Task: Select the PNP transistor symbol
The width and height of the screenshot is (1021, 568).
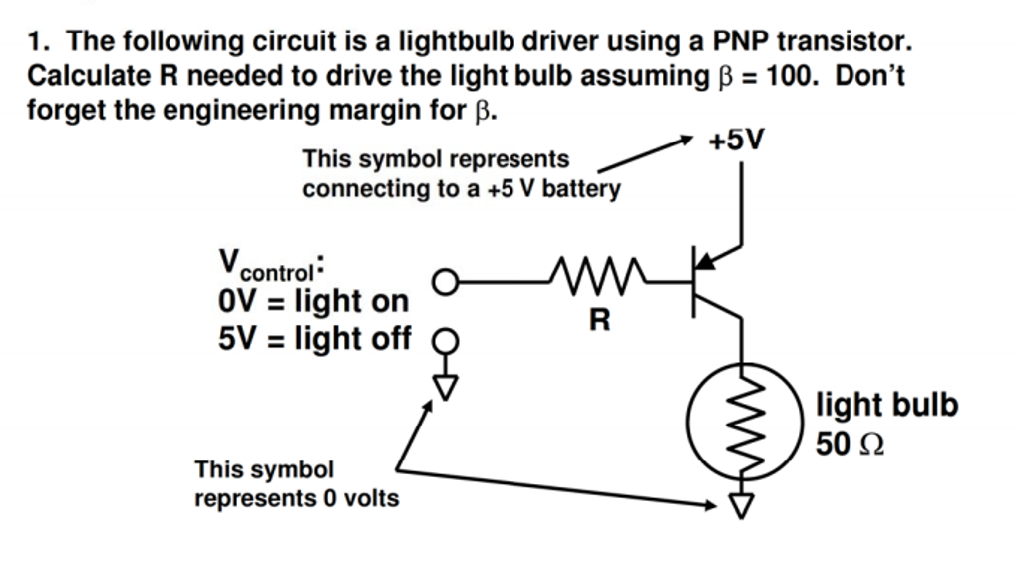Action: [712, 282]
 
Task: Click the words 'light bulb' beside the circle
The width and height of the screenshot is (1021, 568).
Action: [886, 405]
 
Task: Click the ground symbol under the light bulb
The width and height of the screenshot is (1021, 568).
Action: [740, 506]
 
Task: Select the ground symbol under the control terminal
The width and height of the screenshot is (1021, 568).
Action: [445, 384]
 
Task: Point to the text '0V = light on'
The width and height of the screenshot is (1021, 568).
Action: [313, 300]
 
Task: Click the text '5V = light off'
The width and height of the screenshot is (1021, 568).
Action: [314, 339]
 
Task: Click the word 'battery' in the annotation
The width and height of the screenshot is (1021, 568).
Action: [583, 188]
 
